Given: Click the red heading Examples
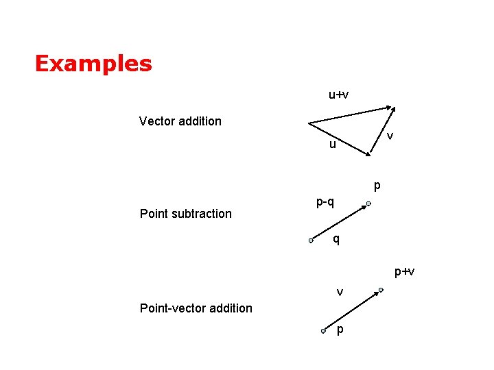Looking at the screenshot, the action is (x=93, y=64).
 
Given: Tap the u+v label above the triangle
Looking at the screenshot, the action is (x=338, y=95).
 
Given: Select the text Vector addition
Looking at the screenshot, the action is (x=180, y=121).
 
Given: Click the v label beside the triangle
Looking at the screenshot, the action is (x=390, y=136).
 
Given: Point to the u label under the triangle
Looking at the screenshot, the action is (x=332, y=145).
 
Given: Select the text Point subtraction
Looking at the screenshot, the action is (x=185, y=214).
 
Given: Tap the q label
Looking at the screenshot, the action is (x=336, y=239).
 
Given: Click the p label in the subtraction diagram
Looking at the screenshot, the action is (x=377, y=186).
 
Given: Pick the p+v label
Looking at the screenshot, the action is (x=404, y=272).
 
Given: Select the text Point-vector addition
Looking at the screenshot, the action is (x=196, y=308).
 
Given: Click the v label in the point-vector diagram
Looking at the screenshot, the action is (x=340, y=293).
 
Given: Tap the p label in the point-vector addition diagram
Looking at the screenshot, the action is (x=340, y=331).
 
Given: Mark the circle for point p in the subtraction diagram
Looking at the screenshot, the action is (x=368, y=203).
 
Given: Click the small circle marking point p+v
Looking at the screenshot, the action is (x=381, y=291).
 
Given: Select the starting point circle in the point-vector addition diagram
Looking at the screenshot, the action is (x=322, y=331).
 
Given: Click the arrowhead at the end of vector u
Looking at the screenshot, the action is (x=364, y=157).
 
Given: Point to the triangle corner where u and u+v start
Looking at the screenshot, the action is (x=309, y=124).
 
